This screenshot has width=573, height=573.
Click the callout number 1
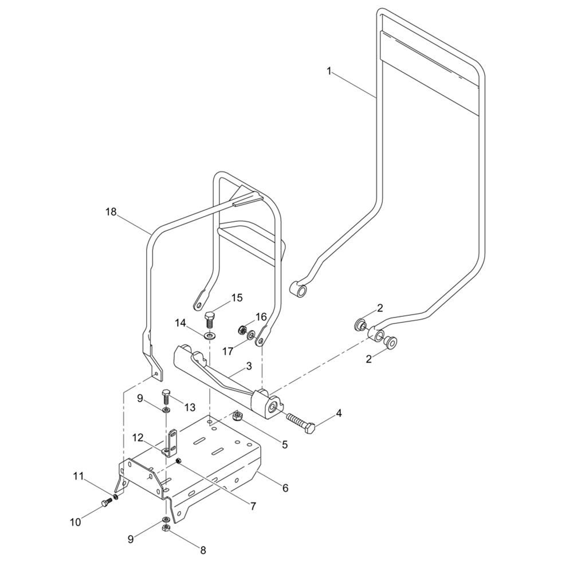coord(329,71)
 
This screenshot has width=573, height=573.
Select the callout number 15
coord(237,298)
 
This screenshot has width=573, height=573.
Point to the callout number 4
coord(339,413)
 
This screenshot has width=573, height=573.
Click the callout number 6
coord(285,488)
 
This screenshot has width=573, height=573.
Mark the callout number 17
coord(227,351)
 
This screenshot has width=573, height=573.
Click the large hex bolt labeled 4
coord(300,422)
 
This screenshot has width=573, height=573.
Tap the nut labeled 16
coord(241,331)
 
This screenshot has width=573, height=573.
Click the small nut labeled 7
coord(179,461)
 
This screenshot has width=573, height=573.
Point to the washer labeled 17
coord(251,335)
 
